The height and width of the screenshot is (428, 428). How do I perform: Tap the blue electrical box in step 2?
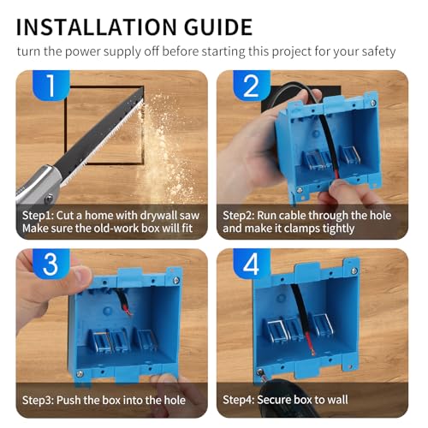[330, 146]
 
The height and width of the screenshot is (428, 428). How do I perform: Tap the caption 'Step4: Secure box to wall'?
[287, 399]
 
